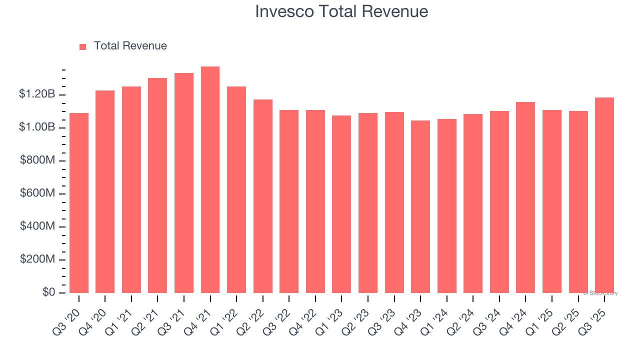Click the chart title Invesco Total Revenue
(x=341, y=11)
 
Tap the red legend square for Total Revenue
(x=83, y=46)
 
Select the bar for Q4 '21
(x=210, y=180)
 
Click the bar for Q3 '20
(x=79, y=203)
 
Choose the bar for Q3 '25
(x=604, y=195)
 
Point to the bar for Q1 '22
(x=236, y=190)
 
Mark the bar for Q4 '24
(x=525, y=197)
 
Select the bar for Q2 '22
(x=263, y=196)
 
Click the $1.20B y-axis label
(x=37, y=94)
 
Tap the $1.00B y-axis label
(x=37, y=127)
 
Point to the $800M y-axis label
(x=38, y=160)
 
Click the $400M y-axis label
(x=38, y=226)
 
